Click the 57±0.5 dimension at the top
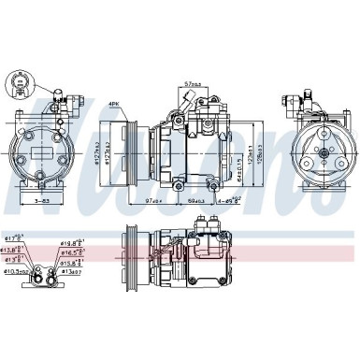tap(194, 83)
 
